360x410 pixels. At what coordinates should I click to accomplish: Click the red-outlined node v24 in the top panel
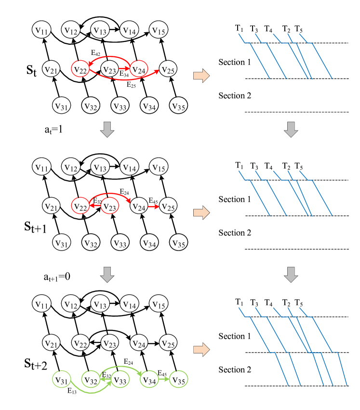138,69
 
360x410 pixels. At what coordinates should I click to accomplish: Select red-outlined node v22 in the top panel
80,69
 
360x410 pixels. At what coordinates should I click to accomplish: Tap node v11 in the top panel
41,30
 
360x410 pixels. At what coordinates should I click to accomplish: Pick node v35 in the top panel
179,105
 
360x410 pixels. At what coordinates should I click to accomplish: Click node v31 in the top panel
61,105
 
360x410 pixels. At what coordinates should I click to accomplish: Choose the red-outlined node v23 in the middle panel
109,206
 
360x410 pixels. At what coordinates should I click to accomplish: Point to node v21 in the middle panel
51,206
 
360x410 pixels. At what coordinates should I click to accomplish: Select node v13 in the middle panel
100,167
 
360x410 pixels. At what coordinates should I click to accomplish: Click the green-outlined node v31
61,380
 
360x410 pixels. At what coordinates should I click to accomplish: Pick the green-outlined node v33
120,380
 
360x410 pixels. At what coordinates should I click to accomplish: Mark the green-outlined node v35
179,380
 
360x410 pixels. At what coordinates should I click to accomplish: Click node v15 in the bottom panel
159,304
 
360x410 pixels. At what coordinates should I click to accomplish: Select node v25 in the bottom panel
168,343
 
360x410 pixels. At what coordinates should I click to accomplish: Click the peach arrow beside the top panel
201,76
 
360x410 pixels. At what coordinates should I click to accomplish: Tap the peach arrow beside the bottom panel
201,350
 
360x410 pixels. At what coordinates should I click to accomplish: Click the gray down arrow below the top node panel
107,129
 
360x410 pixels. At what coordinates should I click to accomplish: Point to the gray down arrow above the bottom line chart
291,274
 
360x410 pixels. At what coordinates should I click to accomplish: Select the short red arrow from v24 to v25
153,207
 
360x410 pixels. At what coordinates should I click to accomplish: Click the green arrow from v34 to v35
164,379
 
